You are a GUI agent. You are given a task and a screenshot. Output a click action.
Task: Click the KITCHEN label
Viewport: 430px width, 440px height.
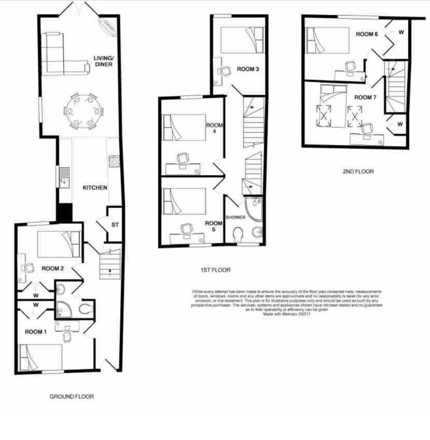click(x=95, y=188)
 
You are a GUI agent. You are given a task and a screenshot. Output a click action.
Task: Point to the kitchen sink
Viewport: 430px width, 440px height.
click(x=64, y=176)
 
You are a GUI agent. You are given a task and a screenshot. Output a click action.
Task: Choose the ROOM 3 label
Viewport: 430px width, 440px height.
click(x=247, y=69)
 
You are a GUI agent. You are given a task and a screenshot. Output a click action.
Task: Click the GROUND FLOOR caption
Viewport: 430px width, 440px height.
click(x=72, y=396)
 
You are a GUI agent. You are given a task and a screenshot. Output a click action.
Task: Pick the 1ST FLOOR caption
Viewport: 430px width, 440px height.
click(x=213, y=270)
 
